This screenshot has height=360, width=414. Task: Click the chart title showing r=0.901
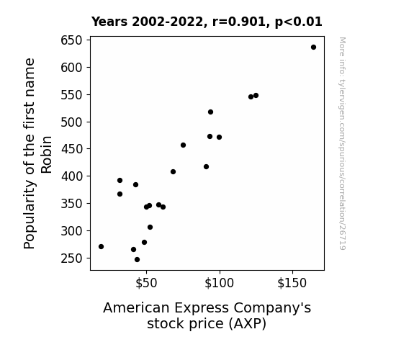click(207, 22)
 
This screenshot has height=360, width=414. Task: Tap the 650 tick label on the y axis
click(71, 40)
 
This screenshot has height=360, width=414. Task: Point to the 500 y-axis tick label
click(71, 122)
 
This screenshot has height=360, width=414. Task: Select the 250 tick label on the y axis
click(71, 258)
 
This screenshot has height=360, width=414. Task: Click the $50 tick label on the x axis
click(146, 283)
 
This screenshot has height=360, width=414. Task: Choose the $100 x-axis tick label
click(219, 283)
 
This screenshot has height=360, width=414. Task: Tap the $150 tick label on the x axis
click(292, 283)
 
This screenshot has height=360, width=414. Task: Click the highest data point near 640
click(313, 48)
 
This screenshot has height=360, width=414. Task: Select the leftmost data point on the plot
click(101, 246)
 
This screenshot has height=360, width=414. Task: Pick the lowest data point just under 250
click(137, 260)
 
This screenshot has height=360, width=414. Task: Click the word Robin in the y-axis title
click(47, 155)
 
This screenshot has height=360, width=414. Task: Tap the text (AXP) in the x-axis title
click(248, 323)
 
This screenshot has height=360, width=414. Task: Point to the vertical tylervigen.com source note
click(342, 143)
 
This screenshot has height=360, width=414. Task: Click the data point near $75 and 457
click(183, 145)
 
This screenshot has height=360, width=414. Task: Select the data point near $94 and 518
click(210, 112)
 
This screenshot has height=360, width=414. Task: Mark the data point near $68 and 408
click(174, 171)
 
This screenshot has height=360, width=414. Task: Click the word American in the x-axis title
click(137, 307)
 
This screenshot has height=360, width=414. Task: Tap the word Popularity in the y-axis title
click(29, 215)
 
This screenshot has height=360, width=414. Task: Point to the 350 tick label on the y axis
click(71, 204)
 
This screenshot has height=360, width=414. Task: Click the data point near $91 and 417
click(206, 166)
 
